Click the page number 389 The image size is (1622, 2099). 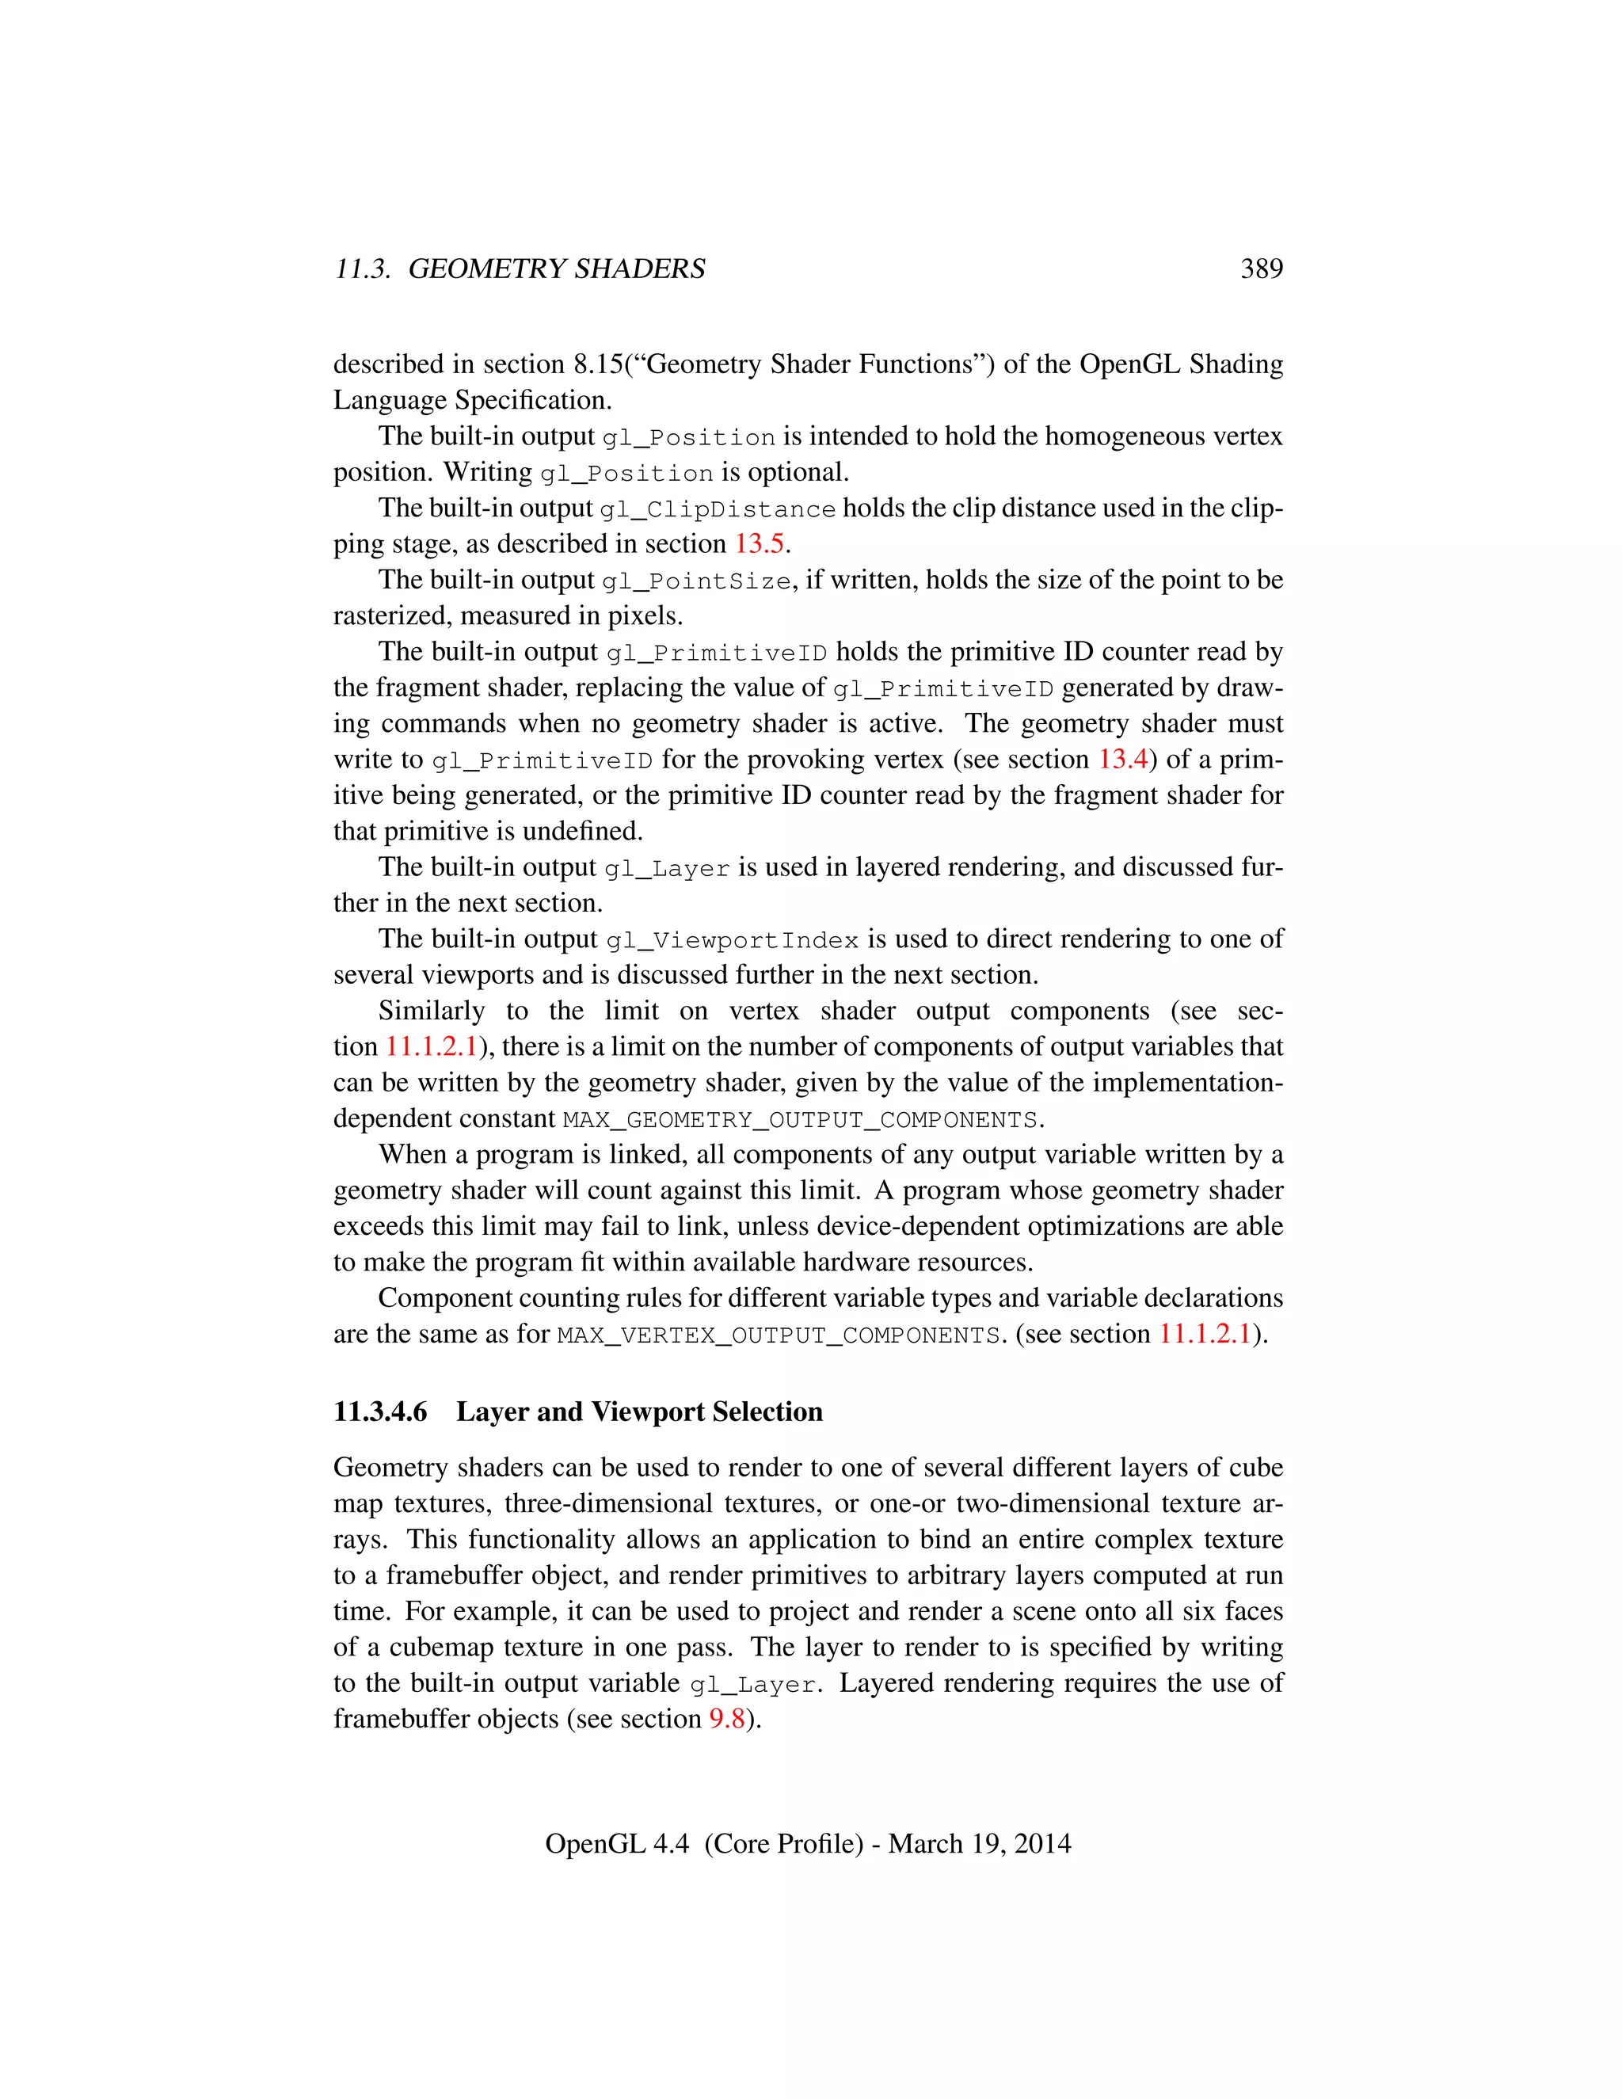coord(1261,269)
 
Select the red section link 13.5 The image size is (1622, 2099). coord(759,544)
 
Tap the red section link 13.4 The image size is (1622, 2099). coord(1122,760)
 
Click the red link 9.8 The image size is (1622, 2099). coord(726,1720)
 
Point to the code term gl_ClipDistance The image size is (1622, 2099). coord(717,509)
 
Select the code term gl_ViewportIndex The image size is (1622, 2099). coord(733,941)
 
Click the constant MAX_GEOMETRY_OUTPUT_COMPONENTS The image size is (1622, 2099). coord(799,1121)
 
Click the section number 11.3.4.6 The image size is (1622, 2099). coord(380,1411)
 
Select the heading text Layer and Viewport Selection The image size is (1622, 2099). coord(639,1411)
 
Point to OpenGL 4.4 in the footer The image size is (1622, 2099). coord(616,1843)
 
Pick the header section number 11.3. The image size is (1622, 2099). coord(362,269)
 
